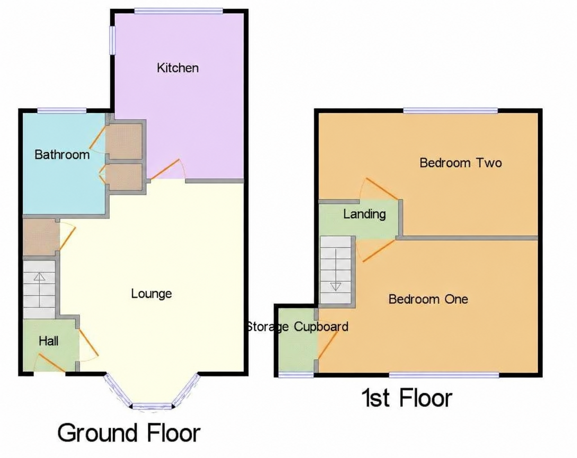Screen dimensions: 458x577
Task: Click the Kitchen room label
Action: pyautogui.click(x=178, y=68)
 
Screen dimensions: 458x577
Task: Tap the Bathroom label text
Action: pyautogui.click(x=62, y=155)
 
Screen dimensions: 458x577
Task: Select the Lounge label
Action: pyautogui.click(x=151, y=294)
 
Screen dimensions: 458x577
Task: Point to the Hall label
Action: pyautogui.click(x=49, y=341)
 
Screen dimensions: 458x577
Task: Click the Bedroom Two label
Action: pyautogui.click(x=461, y=163)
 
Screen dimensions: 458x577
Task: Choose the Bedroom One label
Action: pyautogui.click(x=428, y=299)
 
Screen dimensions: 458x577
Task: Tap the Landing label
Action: pyautogui.click(x=364, y=214)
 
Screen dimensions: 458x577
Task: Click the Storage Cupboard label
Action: pyautogui.click(x=297, y=327)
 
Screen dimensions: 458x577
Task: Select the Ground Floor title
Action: pyautogui.click(x=129, y=433)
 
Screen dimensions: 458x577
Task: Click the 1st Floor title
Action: pyautogui.click(x=407, y=398)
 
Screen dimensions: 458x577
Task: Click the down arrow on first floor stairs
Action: pyautogui.click(x=336, y=286)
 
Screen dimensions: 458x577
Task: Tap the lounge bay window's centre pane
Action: pyautogui.click(x=152, y=406)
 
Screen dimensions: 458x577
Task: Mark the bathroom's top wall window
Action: pyautogui.click(x=62, y=110)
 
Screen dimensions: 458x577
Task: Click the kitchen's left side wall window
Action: pyautogui.click(x=111, y=40)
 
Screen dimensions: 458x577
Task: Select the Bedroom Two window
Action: pyautogui.click(x=450, y=110)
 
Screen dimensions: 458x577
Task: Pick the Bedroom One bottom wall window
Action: pyautogui.click(x=444, y=374)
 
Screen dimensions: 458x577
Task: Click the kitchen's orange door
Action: pyautogui.click(x=166, y=169)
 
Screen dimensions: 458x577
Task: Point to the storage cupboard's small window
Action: pyautogui.click(x=296, y=374)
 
